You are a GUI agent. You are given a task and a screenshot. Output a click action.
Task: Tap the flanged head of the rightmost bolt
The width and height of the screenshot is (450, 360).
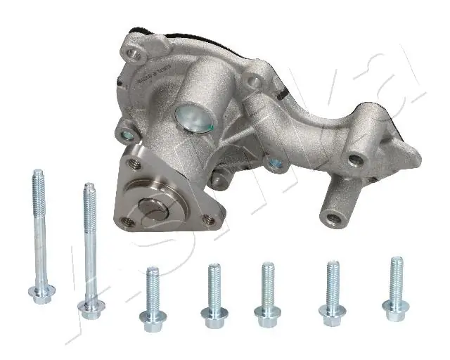tap(394, 306)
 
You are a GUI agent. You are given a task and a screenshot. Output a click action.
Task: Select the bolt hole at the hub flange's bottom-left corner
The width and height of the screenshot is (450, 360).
tap(127, 222)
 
